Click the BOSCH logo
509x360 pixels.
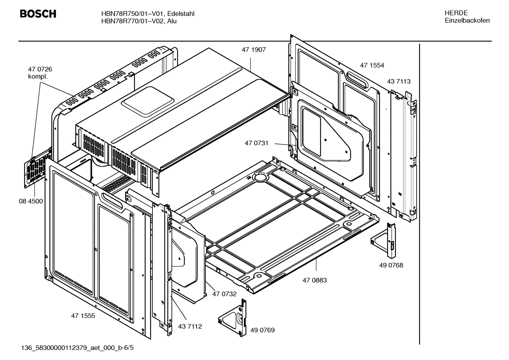pyautogui.click(x=38, y=14)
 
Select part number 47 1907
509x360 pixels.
pyautogui.click(x=253, y=50)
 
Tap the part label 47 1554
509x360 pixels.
pyautogui.click(x=372, y=65)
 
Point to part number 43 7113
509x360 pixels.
pyautogui.click(x=399, y=82)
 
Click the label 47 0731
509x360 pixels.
pyautogui.click(x=257, y=143)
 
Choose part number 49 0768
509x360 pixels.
pyautogui.click(x=391, y=265)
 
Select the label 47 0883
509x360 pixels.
pyautogui.click(x=315, y=280)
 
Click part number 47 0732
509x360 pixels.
pyautogui.click(x=224, y=294)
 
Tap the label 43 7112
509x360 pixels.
pyautogui.click(x=190, y=326)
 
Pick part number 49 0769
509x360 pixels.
pyautogui.click(x=262, y=330)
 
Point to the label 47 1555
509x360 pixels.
pyautogui.click(x=83, y=316)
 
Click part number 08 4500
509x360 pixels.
pyautogui.click(x=31, y=201)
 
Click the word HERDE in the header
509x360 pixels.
pyautogui.click(x=456, y=13)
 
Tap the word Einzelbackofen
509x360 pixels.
pyautogui.click(x=467, y=20)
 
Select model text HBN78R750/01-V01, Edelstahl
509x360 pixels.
pyautogui.click(x=148, y=14)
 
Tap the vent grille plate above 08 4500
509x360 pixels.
pyautogui.click(x=36, y=170)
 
